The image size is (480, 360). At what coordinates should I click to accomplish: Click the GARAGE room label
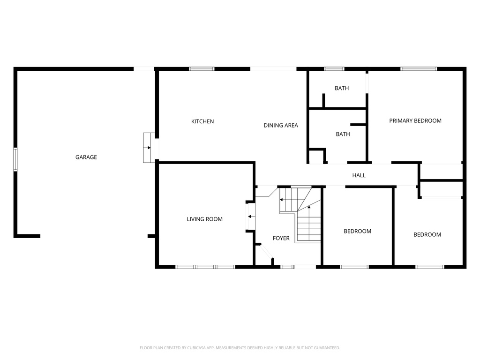tap(86, 157)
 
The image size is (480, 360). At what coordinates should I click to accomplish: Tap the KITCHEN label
tap(202, 121)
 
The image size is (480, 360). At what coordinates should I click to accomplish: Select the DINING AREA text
tap(281, 125)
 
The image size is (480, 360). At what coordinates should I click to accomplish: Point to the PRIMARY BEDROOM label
tap(415, 120)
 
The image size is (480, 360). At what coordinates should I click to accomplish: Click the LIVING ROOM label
tap(204, 219)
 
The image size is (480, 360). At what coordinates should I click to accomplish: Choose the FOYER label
tap(281, 238)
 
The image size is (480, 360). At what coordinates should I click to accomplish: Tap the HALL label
tap(359, 175)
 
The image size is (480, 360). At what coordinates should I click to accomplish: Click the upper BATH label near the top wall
tap(342, 88)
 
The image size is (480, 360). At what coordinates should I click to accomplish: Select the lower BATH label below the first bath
tap(343, 134)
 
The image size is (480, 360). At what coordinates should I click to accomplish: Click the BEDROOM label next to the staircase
tap(357, 231)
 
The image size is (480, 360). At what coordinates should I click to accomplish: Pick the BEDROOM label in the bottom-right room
tap(427, 234)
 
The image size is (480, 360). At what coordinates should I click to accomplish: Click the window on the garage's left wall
tap(15, 159)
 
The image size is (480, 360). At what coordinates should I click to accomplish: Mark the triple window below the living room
tap(205, 267)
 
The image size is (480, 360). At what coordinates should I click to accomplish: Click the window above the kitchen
tap(202, 69)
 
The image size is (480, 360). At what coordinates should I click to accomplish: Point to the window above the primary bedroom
tap(418, 69)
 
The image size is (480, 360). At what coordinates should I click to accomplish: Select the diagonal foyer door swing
tap(266, 253)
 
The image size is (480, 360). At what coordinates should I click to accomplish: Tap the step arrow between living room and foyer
tap(251, 216)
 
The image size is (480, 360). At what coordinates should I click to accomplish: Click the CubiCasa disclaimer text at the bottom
tap(240, 347)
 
